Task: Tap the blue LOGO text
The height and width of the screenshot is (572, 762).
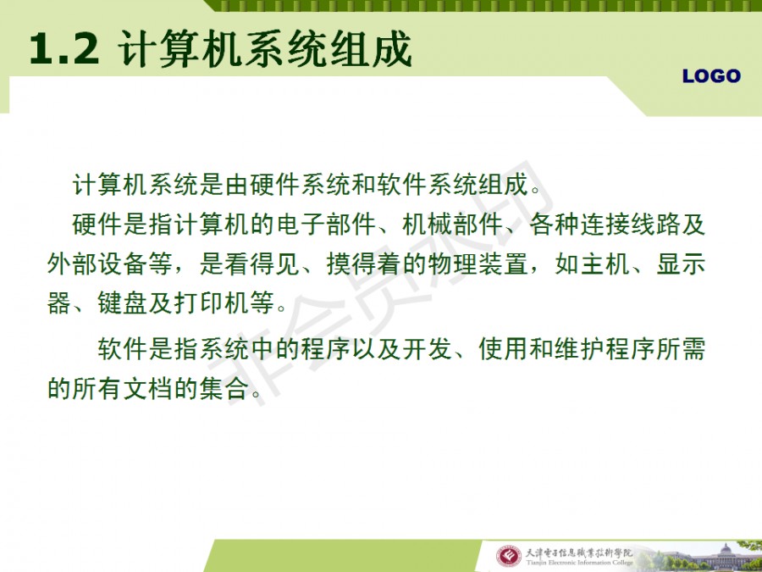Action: [711, 76]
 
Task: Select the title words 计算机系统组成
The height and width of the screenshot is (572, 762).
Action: [265, 48]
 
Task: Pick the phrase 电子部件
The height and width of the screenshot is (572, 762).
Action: [326, 225]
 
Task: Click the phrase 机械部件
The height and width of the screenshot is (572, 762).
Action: [452, 225]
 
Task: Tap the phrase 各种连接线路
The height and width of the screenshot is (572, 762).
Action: [605, 225]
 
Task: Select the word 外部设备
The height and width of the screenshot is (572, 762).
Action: [97, 265]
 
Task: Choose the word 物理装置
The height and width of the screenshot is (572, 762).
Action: [478, 265]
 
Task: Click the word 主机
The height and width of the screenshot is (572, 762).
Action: [605, 265]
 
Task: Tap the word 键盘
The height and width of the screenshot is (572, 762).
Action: [123, 303]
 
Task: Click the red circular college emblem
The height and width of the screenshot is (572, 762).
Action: [508, 556]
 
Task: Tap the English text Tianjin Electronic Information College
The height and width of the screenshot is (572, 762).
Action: [579, 563]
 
